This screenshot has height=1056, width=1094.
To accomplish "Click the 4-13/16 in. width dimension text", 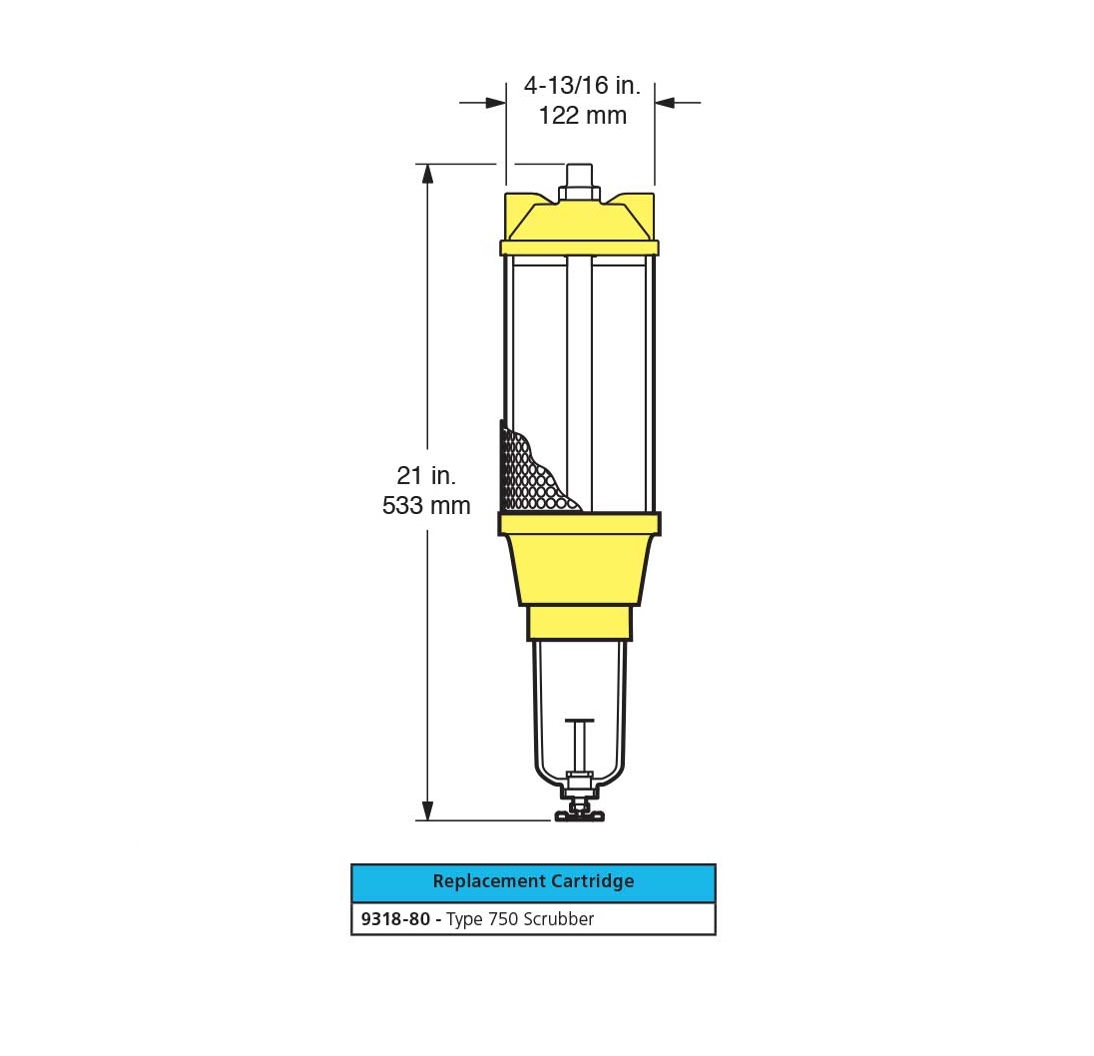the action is point(582,85).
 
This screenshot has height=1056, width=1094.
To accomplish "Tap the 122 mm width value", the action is point(582,115).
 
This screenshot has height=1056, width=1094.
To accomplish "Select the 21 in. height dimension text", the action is point(425,475).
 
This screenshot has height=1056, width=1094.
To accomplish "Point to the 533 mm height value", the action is point(425,505).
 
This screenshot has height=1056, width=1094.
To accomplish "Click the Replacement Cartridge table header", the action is point(533,882).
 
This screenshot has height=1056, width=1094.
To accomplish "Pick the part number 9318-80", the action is point(395,919).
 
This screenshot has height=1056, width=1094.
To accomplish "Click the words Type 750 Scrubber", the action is point(520,919).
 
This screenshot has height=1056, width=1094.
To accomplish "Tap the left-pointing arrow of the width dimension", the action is point(677,103).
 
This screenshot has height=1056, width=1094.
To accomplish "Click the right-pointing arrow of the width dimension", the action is point(483,103).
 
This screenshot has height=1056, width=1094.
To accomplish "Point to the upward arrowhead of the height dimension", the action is point(427,174).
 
